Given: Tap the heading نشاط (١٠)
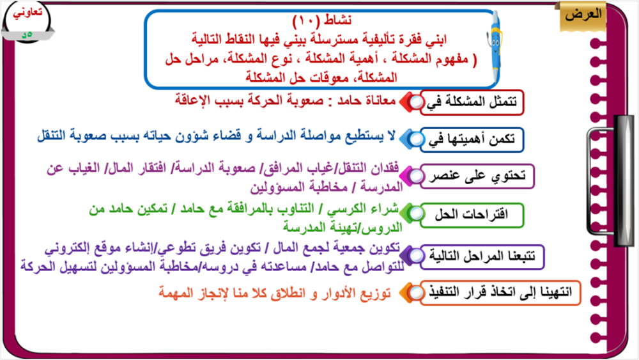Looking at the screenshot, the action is tap(322, 20).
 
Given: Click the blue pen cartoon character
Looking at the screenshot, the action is tap(494, 47).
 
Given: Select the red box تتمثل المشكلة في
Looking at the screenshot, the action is tap(472, 102).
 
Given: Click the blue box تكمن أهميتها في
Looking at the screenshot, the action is tap(472, 140).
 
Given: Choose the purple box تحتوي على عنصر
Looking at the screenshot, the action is tap(477, 176).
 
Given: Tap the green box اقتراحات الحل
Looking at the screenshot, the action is tap(472, 215).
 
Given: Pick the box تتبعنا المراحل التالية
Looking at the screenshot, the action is tap(482, 257).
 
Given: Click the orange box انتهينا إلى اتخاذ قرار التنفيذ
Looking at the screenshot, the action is tap(500, 293).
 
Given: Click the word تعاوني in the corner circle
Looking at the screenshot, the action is tap(27, 12).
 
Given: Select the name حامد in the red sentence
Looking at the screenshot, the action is tap(351, 100).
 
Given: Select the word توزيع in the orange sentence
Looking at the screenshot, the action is tap(375, 293).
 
